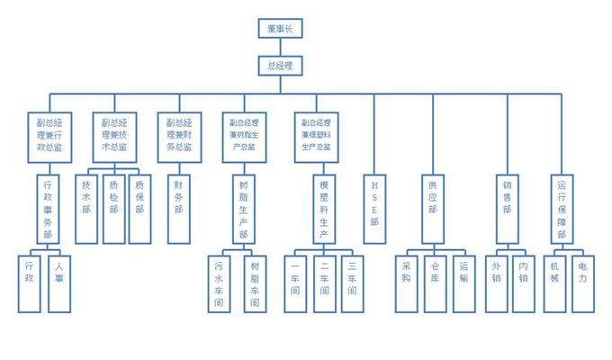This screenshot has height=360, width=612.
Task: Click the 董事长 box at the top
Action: [280, 29]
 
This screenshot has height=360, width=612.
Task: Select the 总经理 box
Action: [280, 65]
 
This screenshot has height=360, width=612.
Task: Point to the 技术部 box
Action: [86, 209]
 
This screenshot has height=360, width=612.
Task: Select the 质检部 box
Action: [113, 209]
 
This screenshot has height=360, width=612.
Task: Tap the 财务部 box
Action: [179, 209]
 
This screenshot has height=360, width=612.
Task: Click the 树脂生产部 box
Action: [244, 209]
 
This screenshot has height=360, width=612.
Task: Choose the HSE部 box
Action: [375, 209]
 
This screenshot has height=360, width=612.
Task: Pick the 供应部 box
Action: [434, 209]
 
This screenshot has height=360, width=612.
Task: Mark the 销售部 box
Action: [508, 209]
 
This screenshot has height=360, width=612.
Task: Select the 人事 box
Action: [58, 283]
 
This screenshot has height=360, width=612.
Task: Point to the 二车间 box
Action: [324, 283]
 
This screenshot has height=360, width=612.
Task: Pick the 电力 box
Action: [582, 283]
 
